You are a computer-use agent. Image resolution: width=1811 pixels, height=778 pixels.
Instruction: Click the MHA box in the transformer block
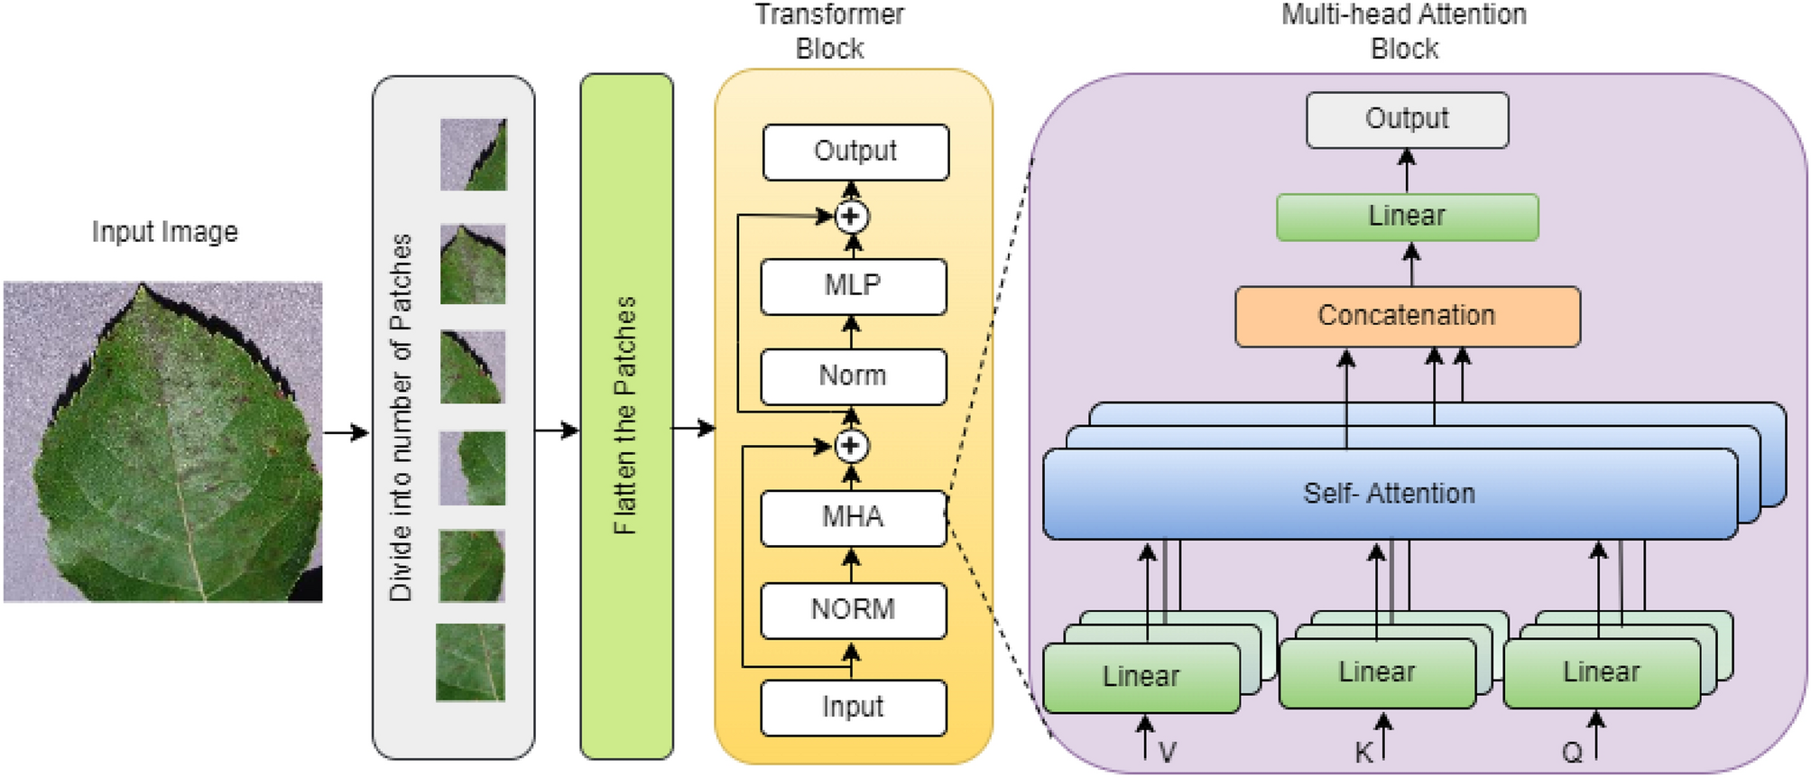853,518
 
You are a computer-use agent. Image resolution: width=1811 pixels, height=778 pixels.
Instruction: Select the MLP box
853,286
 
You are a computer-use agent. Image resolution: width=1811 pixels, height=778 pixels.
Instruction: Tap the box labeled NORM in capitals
853,610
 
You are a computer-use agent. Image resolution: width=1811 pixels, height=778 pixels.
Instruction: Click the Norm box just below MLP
853,375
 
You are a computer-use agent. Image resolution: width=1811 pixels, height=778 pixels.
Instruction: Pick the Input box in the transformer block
853,708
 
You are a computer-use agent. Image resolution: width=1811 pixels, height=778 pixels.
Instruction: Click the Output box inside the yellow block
855,152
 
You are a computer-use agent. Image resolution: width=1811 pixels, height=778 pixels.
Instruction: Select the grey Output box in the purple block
1406,119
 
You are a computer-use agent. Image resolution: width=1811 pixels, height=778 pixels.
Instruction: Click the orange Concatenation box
1406,316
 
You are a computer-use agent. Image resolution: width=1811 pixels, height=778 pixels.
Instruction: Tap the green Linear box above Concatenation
1406,217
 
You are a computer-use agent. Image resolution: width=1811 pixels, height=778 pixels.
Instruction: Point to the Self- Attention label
1389,494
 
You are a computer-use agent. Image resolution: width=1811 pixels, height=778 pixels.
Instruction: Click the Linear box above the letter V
1141,677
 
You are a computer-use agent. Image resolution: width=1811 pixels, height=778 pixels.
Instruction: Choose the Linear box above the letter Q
1601,672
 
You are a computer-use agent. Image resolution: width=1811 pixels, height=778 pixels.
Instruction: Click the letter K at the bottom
1363,753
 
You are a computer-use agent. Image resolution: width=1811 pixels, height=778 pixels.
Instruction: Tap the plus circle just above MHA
851,446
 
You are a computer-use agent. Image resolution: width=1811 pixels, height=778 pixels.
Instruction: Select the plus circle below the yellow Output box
851,217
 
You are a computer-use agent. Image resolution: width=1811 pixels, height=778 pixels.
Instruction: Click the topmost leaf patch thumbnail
474,154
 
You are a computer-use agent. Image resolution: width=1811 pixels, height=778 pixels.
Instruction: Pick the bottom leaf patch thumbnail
470,662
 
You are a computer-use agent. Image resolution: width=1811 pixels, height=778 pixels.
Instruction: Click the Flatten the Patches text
625,415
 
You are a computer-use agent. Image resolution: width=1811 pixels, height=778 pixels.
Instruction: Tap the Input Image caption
164,232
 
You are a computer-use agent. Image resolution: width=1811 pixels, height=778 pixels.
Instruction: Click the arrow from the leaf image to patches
346,433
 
